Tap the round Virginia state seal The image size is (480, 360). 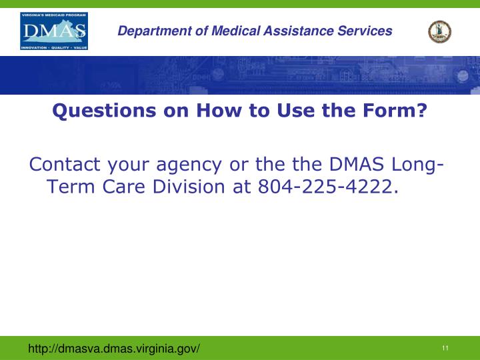click(x=439, y=31)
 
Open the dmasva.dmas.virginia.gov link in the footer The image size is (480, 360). click(x=113, y=349)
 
